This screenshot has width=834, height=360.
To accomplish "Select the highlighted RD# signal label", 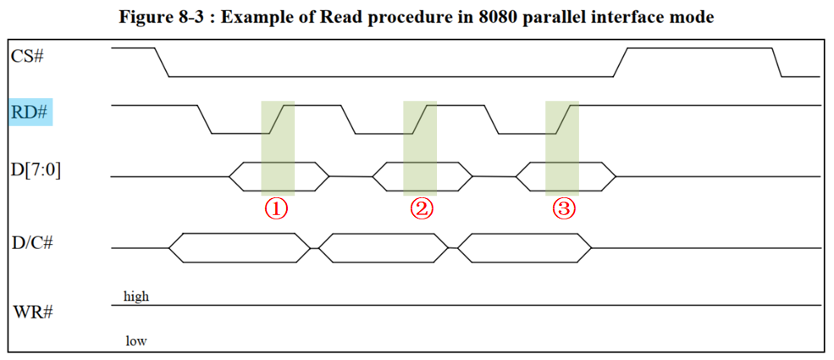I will pos(30,111).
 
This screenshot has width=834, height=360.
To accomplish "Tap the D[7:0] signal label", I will pos(36,169).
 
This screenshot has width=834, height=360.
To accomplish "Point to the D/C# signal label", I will pos(33,244).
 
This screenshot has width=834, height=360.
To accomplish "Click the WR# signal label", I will pos(33,311).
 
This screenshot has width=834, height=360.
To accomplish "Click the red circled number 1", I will pos(278,208).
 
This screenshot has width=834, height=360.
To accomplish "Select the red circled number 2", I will pos(421,208).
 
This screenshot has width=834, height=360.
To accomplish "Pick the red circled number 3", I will pos(563,208).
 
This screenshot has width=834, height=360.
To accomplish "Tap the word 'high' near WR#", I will pos(136,296).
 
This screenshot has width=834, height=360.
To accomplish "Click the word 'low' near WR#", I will pos(135,341).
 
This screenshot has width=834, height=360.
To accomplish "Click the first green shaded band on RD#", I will pos(278,119).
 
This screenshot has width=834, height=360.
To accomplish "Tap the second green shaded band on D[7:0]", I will pos(420,176).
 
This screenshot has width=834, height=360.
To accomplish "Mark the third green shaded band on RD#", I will pos(562,119).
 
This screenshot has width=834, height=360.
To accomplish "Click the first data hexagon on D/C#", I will pos(240,247).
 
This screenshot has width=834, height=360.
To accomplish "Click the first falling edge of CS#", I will pos(162,63).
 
